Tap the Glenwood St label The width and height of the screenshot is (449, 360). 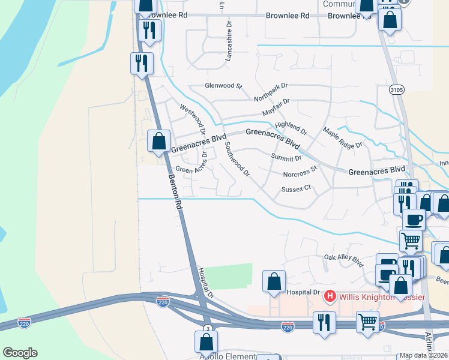pyautogui.click(x=223, y=86)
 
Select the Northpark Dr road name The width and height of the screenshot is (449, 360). pyautogui.click(x=271, y=92)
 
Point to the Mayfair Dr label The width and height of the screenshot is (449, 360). pyautogui.click(x=276, y=108)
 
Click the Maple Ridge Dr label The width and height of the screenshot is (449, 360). pyautogui.click(x=343, y=137)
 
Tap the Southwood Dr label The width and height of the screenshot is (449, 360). pyautogui.click(x=237, y=159)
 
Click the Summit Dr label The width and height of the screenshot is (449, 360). pyautogui.click(x=286, y=158)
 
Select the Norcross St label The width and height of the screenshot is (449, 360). pyautogui.click(x=300, y=172)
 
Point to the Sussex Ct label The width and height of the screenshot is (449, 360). pyautogui.click(x=297, y=188)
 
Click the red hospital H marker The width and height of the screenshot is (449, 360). pyautogui.click(x=329, y=296)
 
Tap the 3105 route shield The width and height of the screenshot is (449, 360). pyautogui.click(x=396, y=90)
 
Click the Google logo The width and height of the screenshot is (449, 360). pyautogui.click(x=20, y=353)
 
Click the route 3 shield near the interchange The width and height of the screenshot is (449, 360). pyautogui.click(x=206, y=328)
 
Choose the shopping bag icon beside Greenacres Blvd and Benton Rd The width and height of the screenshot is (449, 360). pyautogui.click(x=159, y=142)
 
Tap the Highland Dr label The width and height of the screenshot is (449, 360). pyautogui.click(x=291, y=128)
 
